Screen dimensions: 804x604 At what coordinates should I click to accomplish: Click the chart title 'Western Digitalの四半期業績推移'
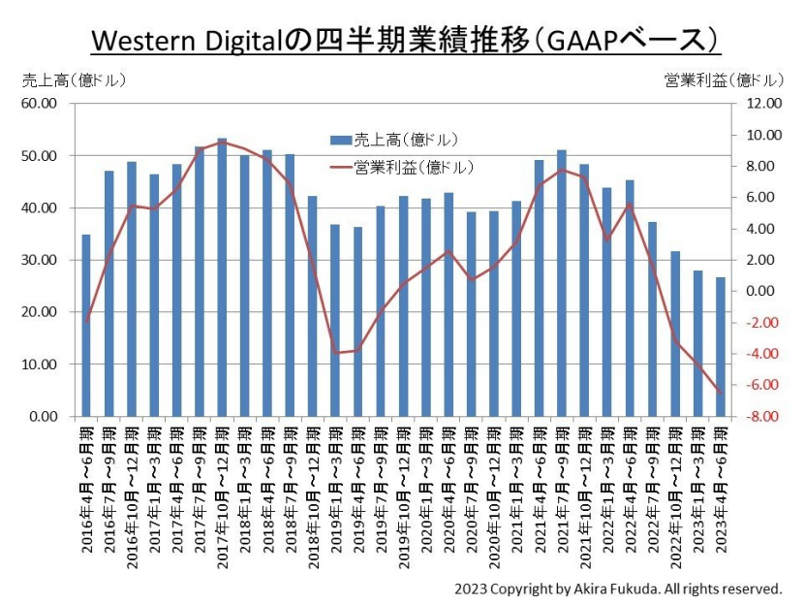[310, 41]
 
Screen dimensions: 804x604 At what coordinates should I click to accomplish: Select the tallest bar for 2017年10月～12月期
[222, 277]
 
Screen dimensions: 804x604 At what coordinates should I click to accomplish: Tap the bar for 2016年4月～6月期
[86, 326]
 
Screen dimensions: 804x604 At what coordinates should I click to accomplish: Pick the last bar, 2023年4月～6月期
[721, 347]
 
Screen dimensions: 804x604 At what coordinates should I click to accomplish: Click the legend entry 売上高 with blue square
[394, 141]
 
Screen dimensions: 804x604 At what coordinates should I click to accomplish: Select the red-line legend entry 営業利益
[401, 168]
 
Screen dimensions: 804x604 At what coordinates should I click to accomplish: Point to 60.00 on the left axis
[39, 103]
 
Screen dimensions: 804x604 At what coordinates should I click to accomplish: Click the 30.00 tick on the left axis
[39, 260]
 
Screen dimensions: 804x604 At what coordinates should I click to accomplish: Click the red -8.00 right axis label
[762, 416]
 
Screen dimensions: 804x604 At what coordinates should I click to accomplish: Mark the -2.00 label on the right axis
[762, 323]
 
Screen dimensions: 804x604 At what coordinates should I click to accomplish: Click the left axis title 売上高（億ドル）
[74, 80]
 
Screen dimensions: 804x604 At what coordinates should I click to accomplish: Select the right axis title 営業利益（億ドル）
[724, 80]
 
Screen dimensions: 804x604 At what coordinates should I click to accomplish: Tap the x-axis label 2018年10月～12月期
[314, 498]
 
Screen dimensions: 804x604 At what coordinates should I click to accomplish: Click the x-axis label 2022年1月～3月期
[607, 490]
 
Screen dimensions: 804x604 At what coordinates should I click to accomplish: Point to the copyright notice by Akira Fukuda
[618, 588]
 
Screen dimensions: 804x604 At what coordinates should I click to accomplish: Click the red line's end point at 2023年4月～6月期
[721, 394]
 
